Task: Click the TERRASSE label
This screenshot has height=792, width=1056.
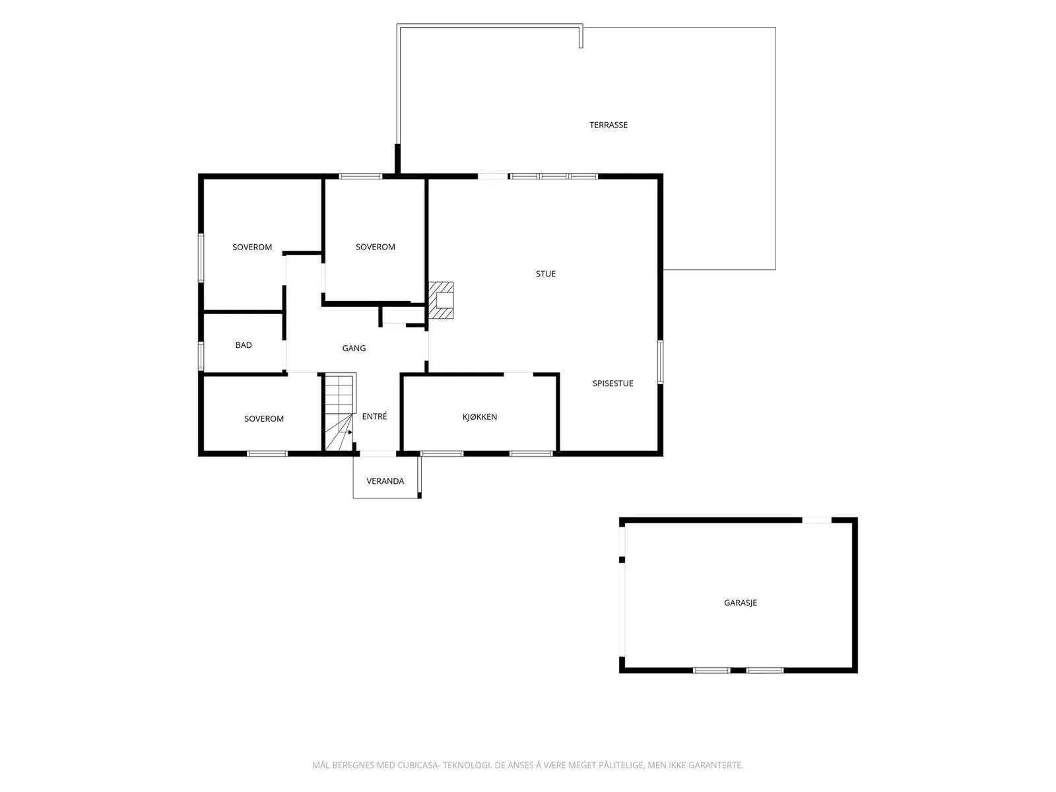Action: pos(608,125)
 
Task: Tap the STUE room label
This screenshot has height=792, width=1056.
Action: pos(546,274)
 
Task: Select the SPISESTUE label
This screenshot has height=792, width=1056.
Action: pos(612,383)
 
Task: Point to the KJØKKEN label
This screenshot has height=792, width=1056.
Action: pos(480,417)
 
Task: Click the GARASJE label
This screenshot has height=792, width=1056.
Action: pos(740,603)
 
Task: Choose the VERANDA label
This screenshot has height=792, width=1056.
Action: pos(385,481)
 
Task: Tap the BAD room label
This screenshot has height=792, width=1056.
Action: pos(244,345)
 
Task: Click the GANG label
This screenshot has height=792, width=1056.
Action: pos(354,348)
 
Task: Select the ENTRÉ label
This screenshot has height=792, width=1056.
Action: pos(374,416)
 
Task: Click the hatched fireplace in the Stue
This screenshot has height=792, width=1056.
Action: pos(441,300)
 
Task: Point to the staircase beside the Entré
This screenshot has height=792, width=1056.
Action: pos(340,412)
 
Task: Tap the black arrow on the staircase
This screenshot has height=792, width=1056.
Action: pos(350,432)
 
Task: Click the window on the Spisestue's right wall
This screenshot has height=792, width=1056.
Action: pos(660,362)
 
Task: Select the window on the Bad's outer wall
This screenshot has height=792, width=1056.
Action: pos(201,356)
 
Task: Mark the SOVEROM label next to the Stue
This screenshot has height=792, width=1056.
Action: pos(376,247)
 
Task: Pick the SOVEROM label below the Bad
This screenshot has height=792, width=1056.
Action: pos(263,419)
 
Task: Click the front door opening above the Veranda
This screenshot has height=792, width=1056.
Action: pos(378,453)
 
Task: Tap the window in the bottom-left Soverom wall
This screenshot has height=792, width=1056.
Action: pos(267,453)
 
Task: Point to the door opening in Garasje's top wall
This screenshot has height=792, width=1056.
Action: pos(816,520)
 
